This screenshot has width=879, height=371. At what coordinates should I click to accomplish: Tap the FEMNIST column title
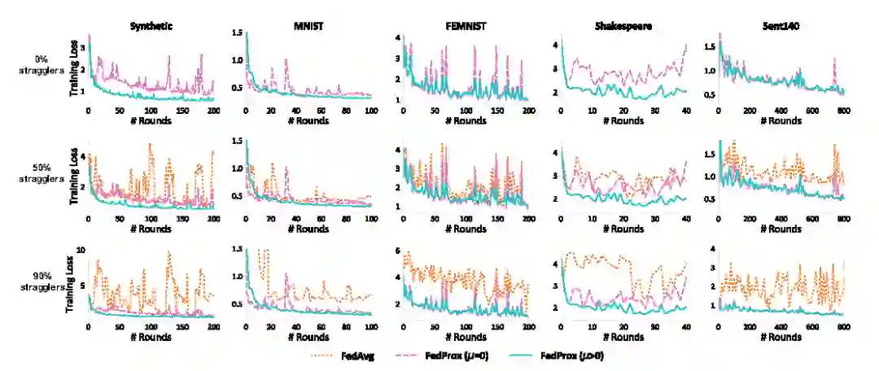(x=466, y=26)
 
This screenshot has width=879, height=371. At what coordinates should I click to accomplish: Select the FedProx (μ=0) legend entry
(x=449, y=356)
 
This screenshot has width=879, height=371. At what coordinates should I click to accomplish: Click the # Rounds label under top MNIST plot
(x=308, y=120)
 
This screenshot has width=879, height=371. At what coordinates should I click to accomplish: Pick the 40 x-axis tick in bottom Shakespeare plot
(x=686, y=327)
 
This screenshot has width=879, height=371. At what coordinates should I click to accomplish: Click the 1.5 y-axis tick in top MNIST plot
(x=237, y=33)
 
